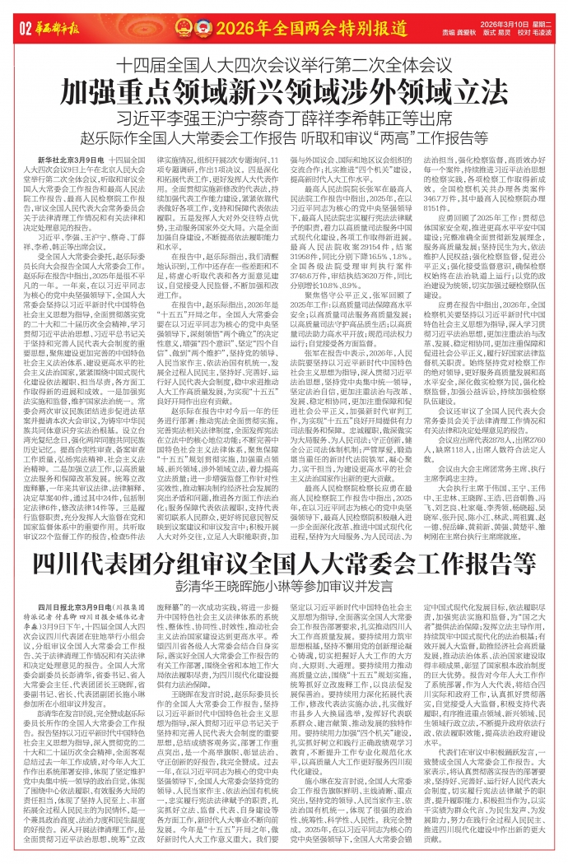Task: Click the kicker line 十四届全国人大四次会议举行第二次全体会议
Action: pos(284,63)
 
